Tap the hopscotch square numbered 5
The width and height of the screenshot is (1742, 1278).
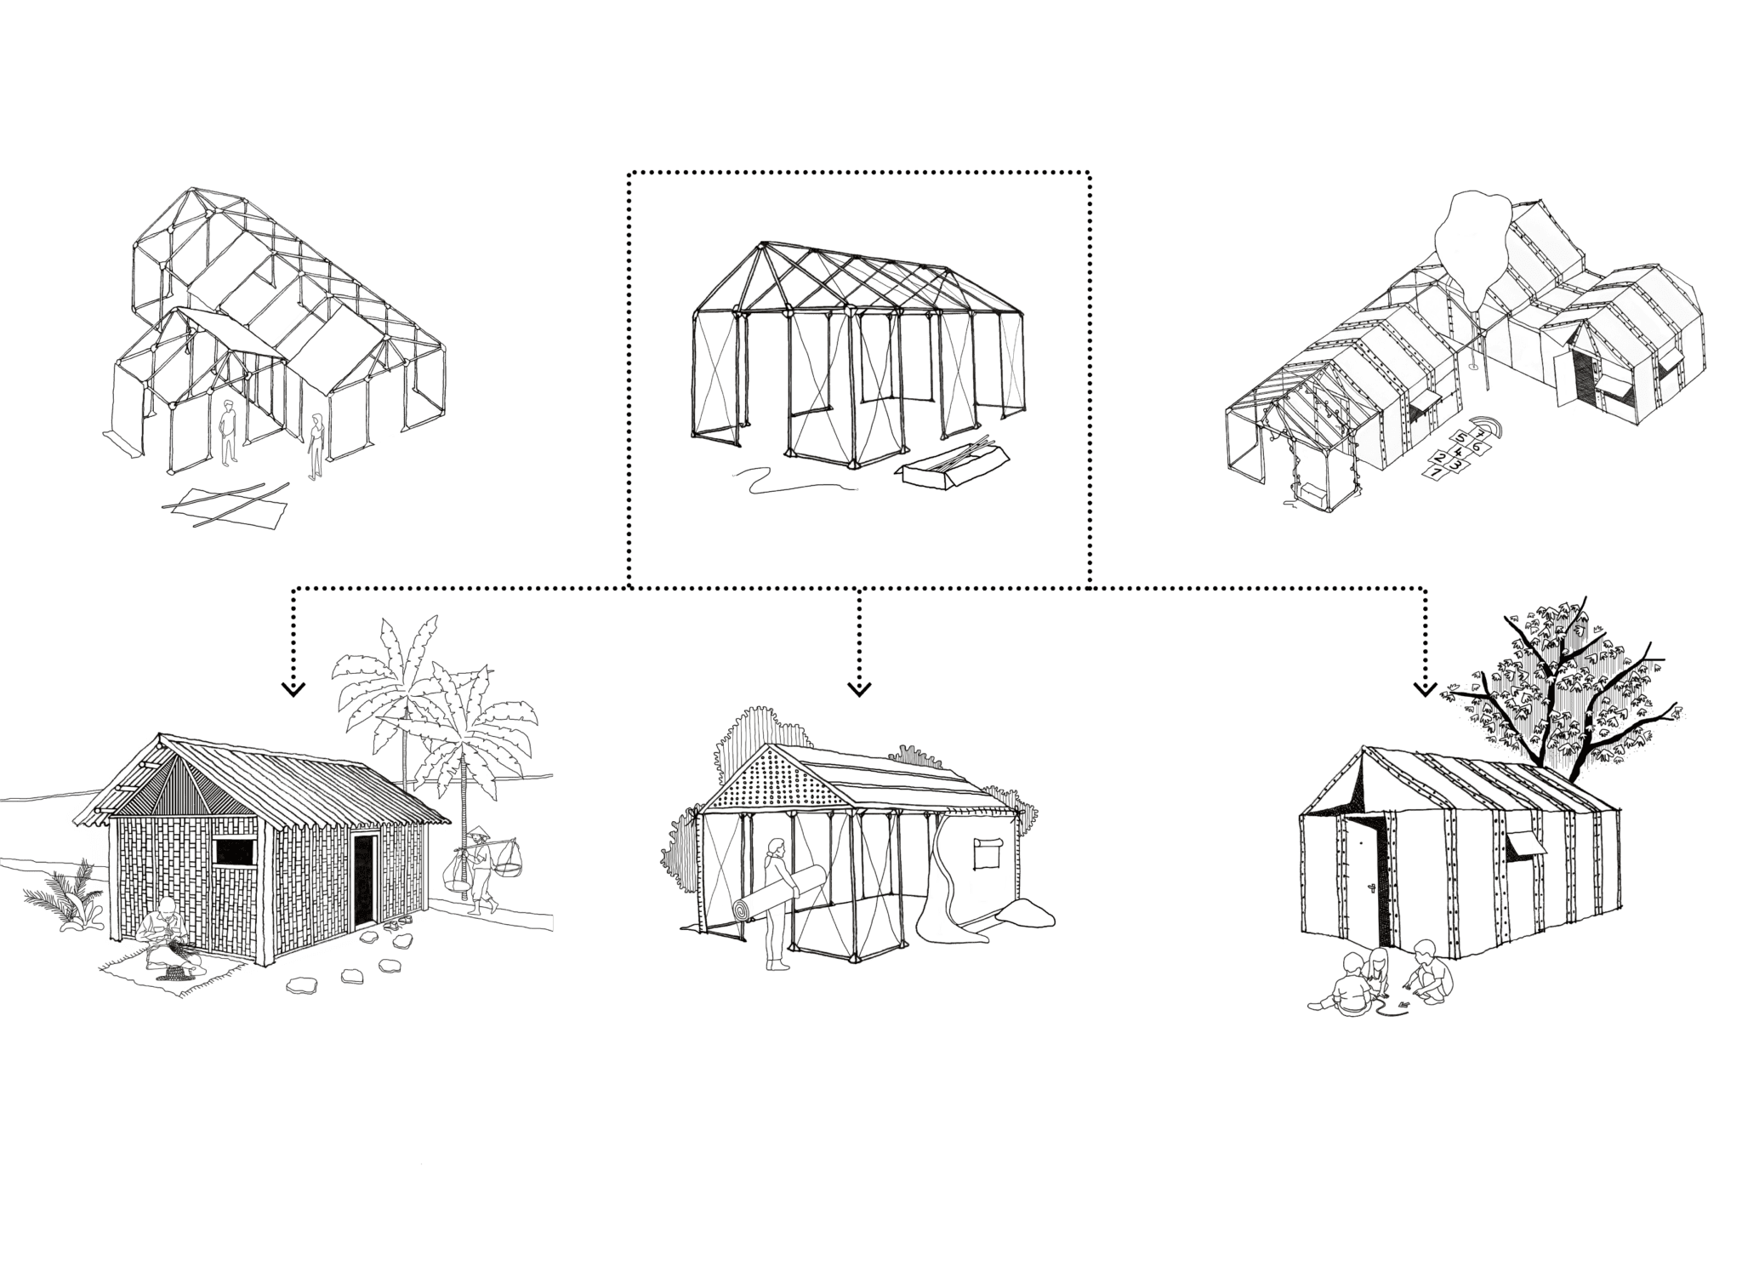pyautogui.click(x=1460, y=438)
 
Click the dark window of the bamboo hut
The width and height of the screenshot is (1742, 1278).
pyautogui.click(x=229, y=851)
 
